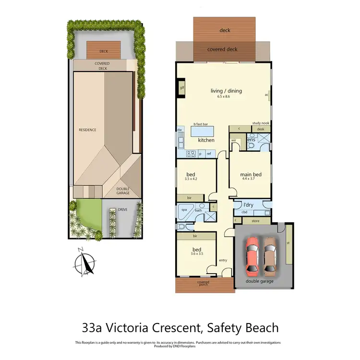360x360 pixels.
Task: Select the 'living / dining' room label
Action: [226, 91]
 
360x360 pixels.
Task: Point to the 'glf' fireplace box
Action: [182, 88]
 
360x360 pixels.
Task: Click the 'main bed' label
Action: [251, 174]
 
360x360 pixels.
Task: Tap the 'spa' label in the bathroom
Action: [184, 210]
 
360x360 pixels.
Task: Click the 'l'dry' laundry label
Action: [249, 205]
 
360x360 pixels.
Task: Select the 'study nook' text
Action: [261, 123]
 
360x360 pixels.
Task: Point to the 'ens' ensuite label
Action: [251, 140]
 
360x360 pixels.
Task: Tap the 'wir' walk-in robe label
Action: [234, 141]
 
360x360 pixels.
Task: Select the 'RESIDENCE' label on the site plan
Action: [88, 130]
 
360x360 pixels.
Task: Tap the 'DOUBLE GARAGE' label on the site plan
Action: [123, 191]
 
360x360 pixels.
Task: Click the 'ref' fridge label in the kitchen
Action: [209, 154]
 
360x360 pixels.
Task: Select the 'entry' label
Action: [223, 260]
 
